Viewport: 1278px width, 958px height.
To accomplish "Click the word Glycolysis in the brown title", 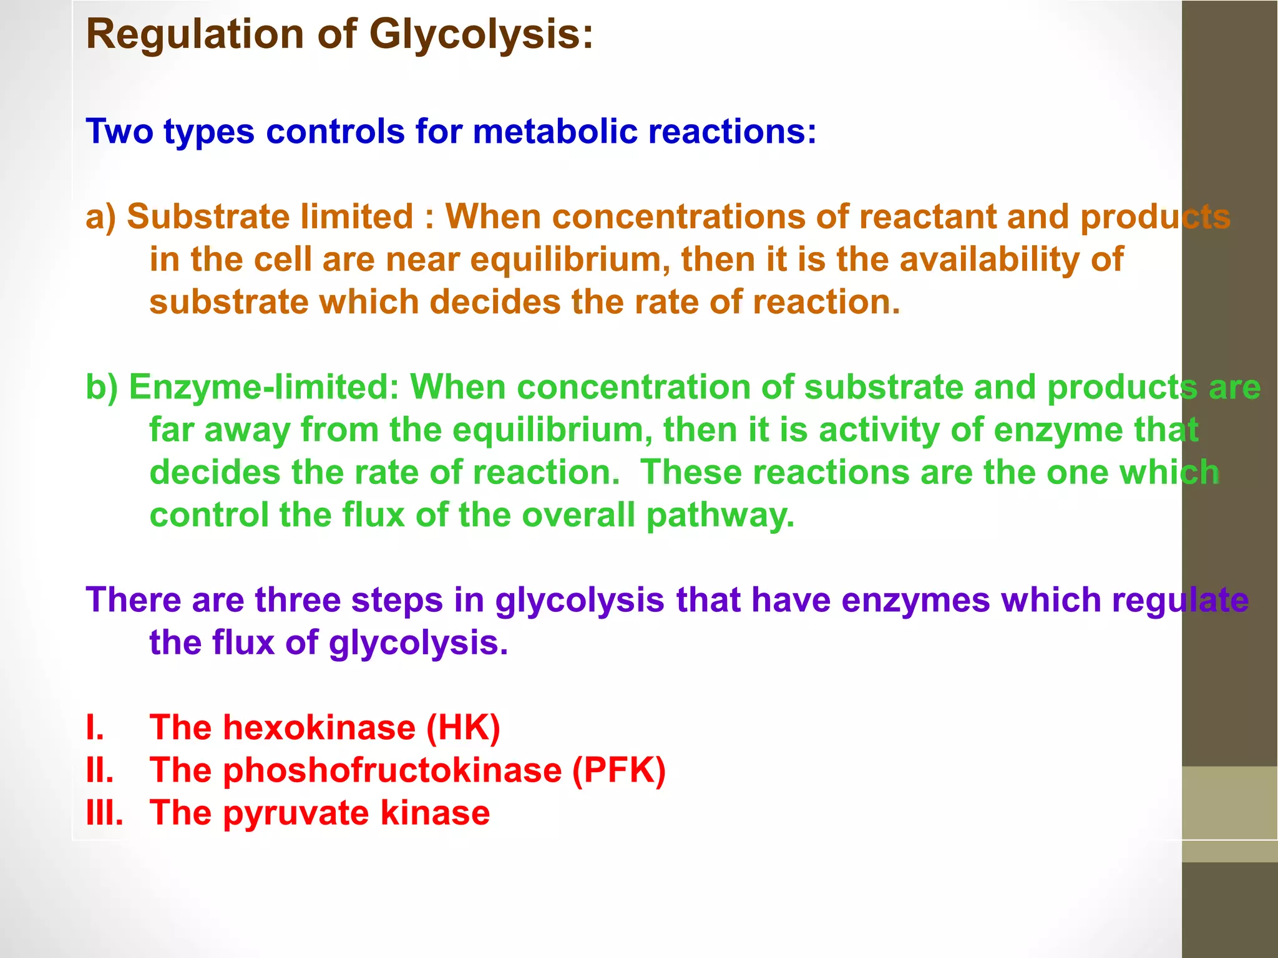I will pyautogui.click(x=480, y=34).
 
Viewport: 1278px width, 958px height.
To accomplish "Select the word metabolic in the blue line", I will pyautogui.click(x=554, y=132).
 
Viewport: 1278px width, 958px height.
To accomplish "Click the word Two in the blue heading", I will pyautogui.click(x=119, y=132).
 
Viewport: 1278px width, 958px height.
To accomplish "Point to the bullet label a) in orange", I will pyautogui.click(x=100, y=217).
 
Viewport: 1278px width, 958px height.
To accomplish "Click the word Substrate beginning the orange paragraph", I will pyautogui.click(x=207, y=217).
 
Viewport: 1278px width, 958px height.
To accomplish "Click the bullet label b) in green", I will pyautogui.click(x=101, y=387).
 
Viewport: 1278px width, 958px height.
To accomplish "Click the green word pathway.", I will pyautogui.click(x=720, y=516).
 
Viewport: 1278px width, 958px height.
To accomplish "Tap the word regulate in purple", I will pyautogui.click(x=1180, y=600).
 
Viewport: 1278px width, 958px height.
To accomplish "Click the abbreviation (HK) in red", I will pyautogui.click(x=463, y=728).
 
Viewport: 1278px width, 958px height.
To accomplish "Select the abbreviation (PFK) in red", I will pyautogui.click(x=618, y=770).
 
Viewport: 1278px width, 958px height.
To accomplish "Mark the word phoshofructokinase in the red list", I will pyautogui.click(x=393, y=770).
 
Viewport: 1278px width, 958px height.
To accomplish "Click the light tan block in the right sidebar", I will pyautogui.click(x=1229, y=803).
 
